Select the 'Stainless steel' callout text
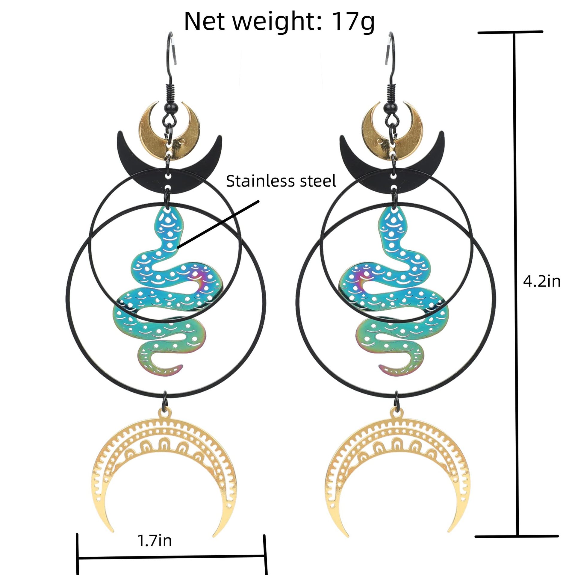pyautogui.click(x=281, y=181)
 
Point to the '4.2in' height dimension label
pyautogui.click(x=541, y=282)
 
